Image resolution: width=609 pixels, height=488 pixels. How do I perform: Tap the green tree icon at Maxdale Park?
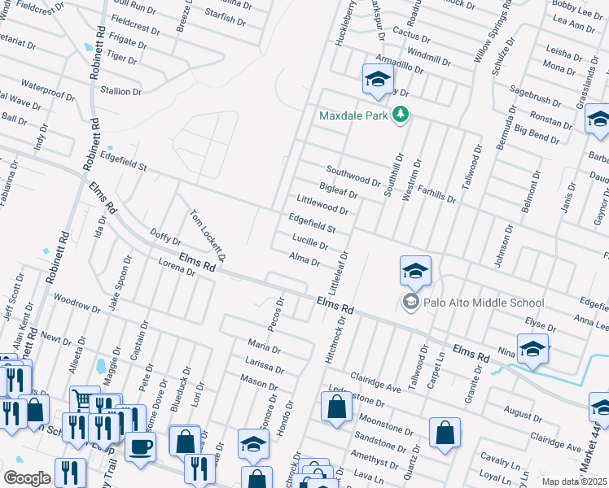[x=400, y=115]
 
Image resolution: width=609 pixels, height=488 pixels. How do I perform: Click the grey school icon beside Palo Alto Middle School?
[x=411, y=303]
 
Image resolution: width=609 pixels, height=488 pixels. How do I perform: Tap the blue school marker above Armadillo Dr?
[x=378, y=80]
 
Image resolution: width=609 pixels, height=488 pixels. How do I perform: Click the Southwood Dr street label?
[x=353, y=176]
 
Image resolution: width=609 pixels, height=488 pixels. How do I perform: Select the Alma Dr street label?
[x=304, y=259]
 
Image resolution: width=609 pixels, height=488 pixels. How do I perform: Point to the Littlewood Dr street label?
[x=322, y=205]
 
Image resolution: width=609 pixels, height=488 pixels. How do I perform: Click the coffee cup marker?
[x=140, y=446]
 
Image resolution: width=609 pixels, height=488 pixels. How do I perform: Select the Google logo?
[x=27, y=478]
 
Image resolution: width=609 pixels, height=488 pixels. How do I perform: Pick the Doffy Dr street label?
[x=165, y=237]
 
